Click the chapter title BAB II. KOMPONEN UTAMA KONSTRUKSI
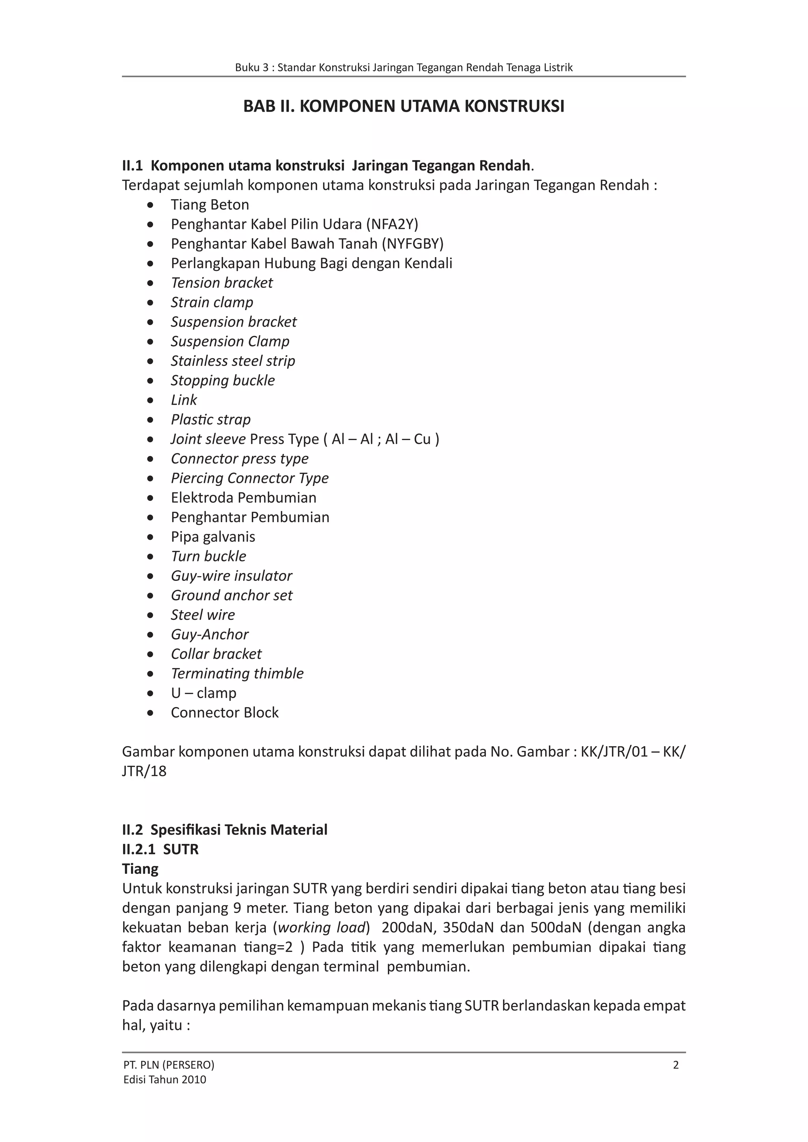[404, 106]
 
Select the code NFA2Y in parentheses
[392, 224]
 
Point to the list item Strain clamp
[212, 302]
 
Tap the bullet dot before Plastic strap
[150, 420]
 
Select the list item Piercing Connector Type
[249, 478]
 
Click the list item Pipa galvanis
[213, 537]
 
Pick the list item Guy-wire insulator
[231, 576]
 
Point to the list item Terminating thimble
[237, 674]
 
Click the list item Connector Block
[224, 712]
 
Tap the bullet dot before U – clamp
[150, 693]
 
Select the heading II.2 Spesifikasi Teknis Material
[224, 830]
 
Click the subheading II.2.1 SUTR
[160, 849]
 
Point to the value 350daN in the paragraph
[467, 927]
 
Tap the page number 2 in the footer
[675, 1065]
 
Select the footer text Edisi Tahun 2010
[164, 1079]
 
